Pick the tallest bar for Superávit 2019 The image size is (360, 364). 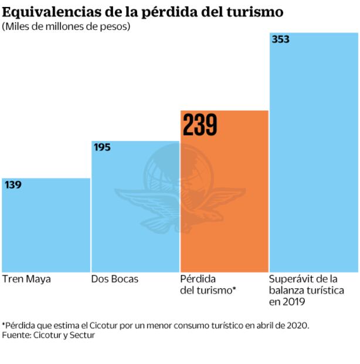click(313, 153)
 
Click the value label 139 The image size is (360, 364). click(13, 185)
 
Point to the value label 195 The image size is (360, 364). click(102, 147)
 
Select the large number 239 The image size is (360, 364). click(200, 125)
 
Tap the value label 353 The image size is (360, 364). click(280, 40)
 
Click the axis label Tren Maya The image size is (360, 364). click(26, 279)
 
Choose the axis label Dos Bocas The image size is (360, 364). click(115, 279)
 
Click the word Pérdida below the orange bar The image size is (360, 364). click(198, 279)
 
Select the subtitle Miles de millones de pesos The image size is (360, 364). click(66, 26)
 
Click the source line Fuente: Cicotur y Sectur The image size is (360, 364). click(48, 335)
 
